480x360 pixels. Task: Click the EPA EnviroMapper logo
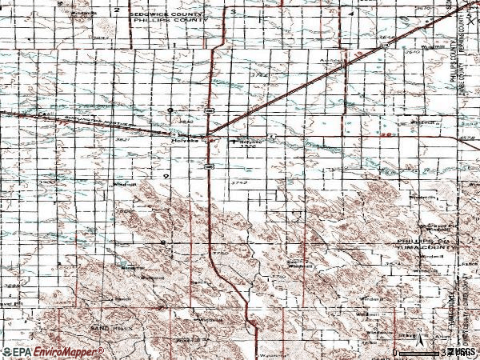(x=53, y=351)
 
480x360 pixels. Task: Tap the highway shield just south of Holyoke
(x=207, y=166)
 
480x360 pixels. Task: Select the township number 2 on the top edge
(x=117, y=10)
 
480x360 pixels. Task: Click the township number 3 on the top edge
(x=233, y=12)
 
